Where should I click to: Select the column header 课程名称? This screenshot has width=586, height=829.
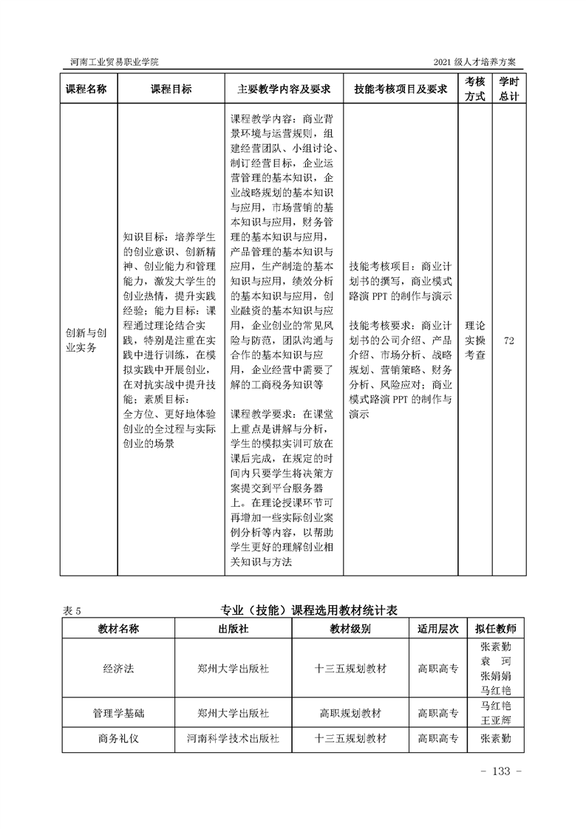[86, 89]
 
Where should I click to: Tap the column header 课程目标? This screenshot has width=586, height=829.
[171, 89]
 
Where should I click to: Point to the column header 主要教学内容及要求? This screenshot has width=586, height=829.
[284, 89]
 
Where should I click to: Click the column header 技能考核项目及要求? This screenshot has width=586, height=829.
[401, 89]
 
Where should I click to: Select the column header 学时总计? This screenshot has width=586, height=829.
[508, 89]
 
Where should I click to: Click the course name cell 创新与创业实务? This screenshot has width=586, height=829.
[86, 340]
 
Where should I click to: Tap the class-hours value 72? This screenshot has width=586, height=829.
[508, 340]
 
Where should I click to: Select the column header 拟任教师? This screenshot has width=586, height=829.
[496, 629]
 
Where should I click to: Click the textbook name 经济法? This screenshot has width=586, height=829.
[118, 669]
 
